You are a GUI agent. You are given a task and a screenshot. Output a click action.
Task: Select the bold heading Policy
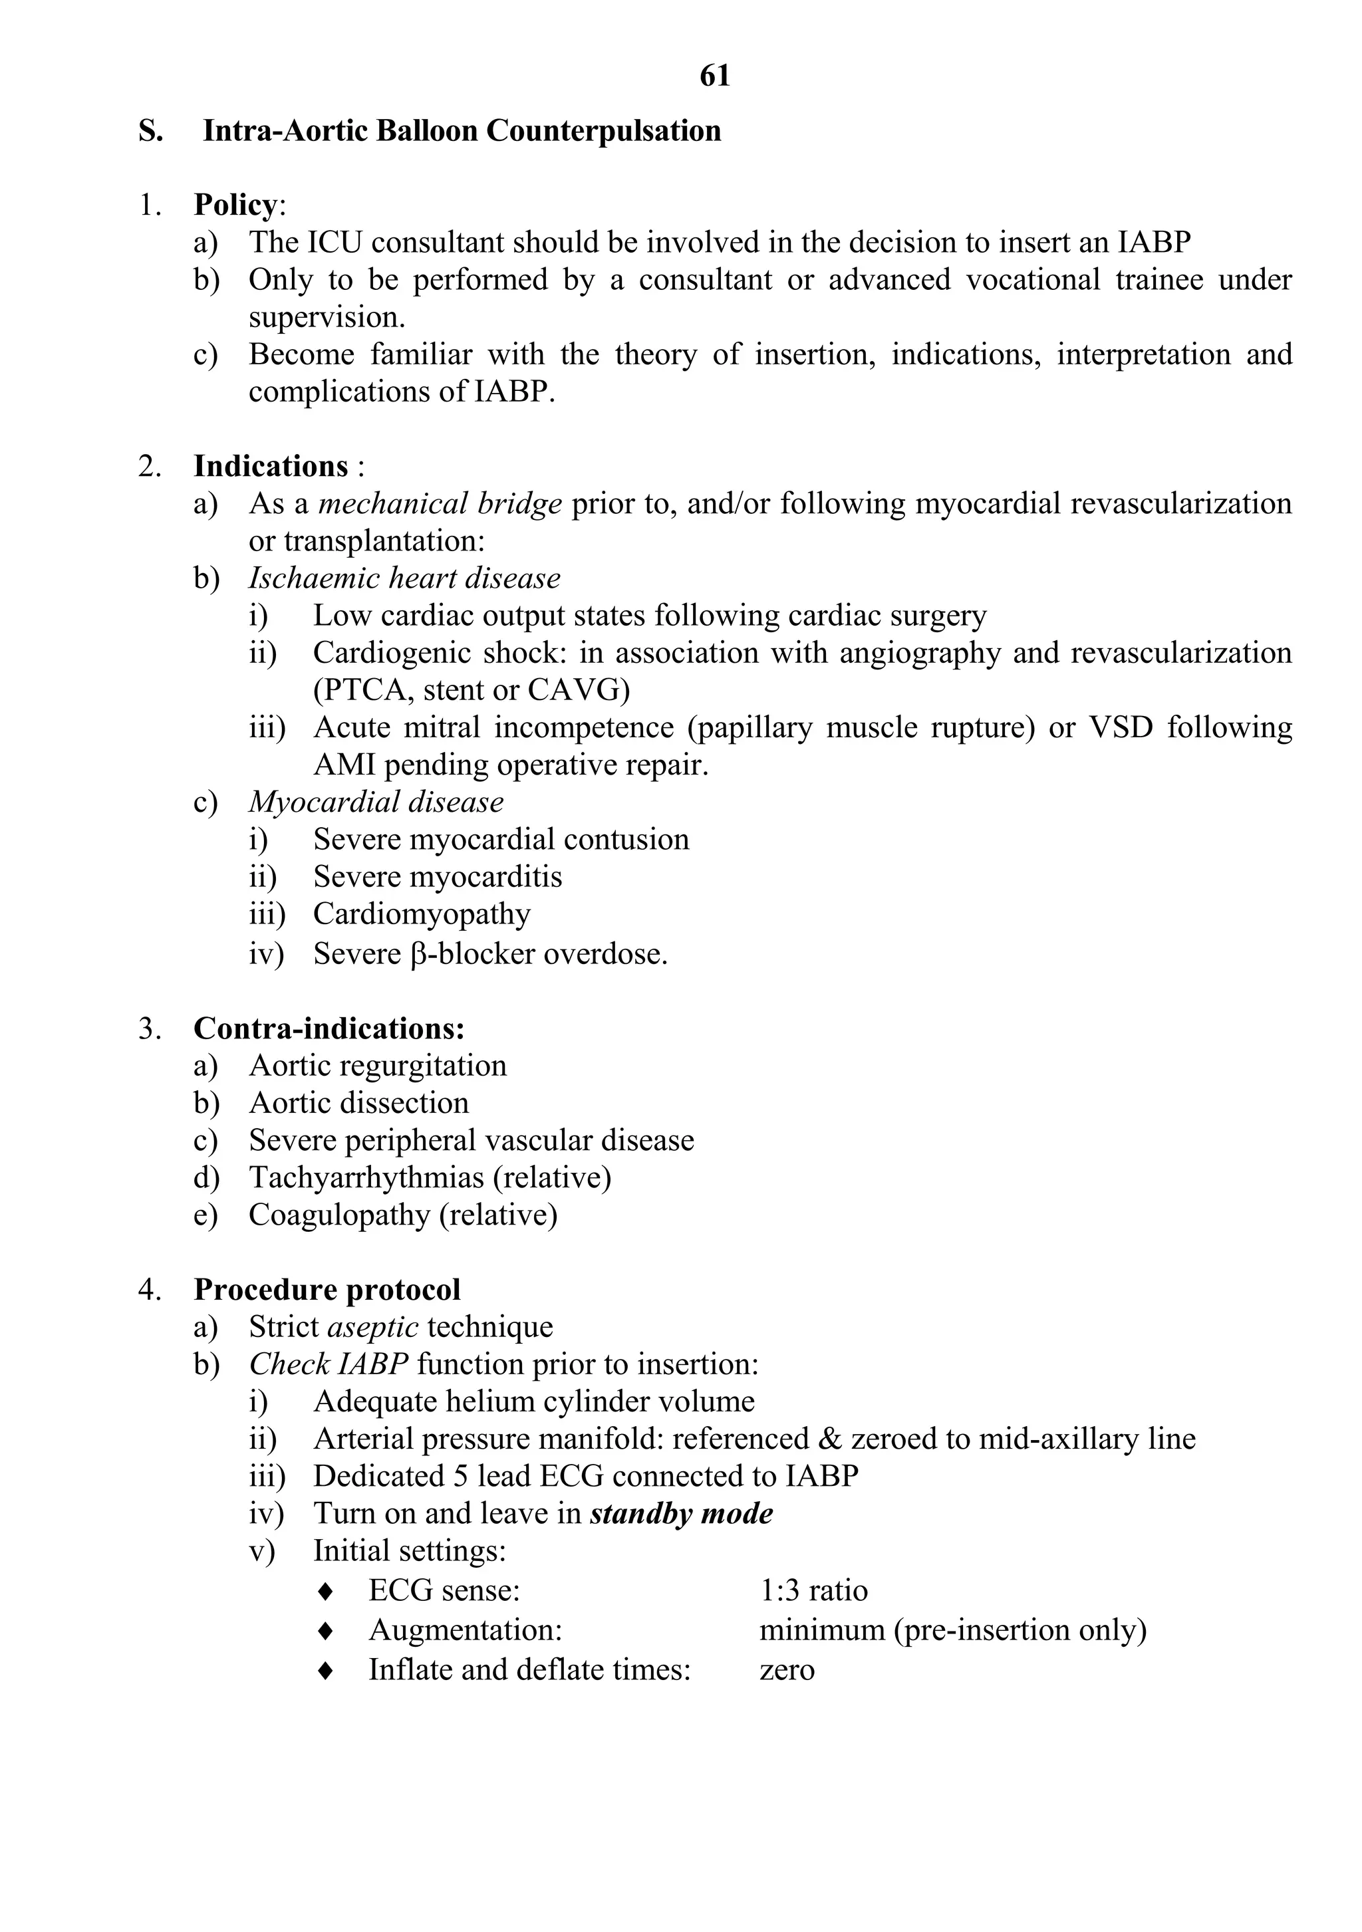235,205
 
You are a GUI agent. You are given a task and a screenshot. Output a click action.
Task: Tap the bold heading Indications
270,466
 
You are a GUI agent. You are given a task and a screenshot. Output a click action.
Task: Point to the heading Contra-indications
329,1028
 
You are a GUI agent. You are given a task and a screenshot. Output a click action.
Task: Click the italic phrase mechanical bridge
440,504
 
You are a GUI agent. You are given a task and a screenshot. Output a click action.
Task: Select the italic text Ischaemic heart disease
404,579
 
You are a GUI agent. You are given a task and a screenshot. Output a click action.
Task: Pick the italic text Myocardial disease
376,802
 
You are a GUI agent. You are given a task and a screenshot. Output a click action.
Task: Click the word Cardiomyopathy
422,915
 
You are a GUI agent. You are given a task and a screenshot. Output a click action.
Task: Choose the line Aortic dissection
358,1103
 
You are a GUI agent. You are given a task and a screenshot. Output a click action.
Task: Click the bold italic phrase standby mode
681,1514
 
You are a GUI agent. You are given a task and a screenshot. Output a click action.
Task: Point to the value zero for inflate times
786,1669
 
